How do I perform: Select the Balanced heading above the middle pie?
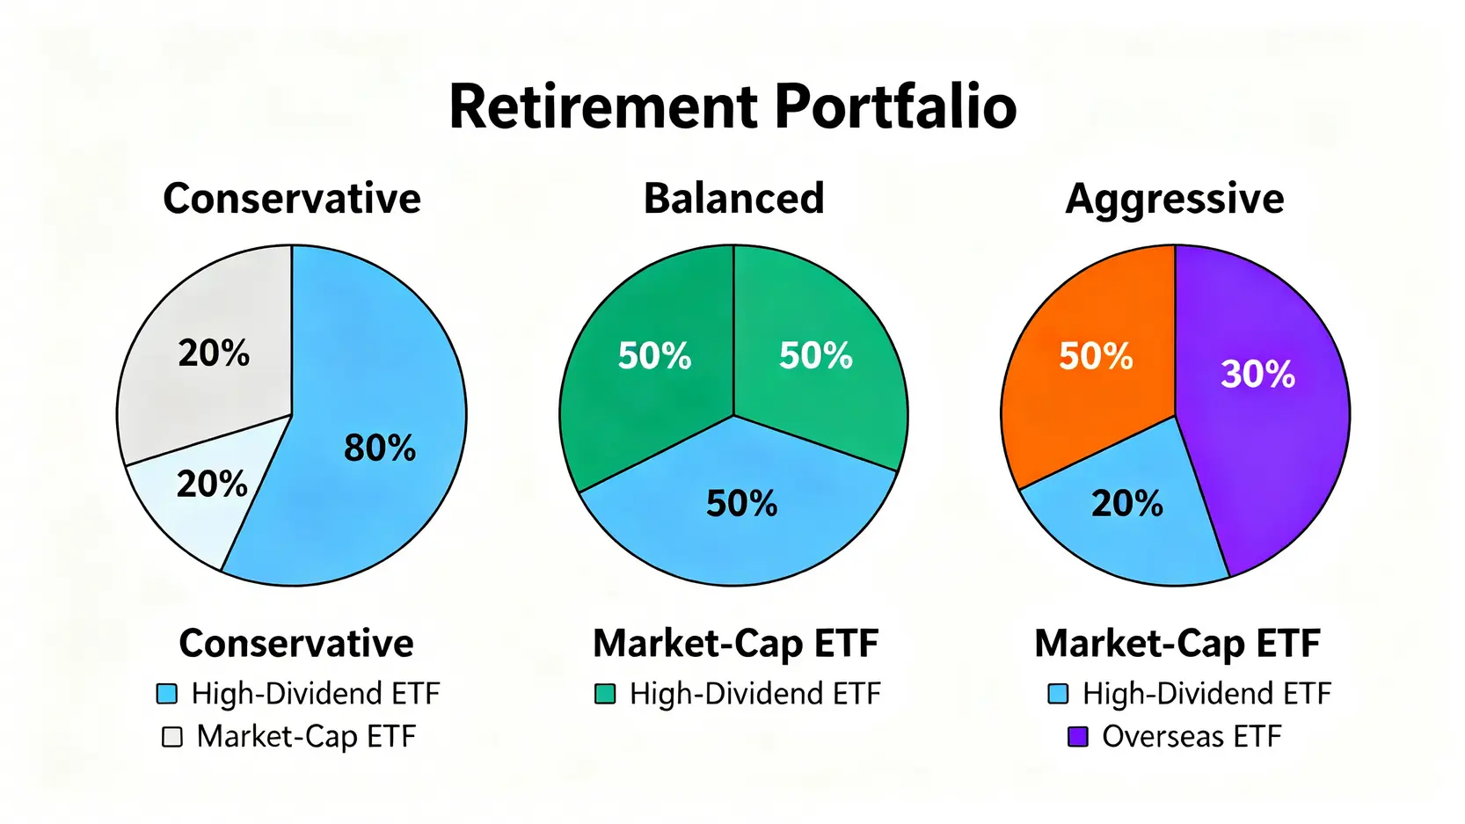(733, 198)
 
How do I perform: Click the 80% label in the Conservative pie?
(380, 448)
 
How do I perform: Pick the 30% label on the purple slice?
(1257, 375)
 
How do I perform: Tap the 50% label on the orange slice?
(1097, 356)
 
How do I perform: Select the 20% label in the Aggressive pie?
(1127, 504)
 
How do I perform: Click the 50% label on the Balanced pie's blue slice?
(741, 504)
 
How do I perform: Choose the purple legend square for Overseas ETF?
(1078, 736)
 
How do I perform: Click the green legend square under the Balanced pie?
(605, 693)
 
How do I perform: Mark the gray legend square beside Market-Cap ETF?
(172, 736)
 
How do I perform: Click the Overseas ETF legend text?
(1192, 736)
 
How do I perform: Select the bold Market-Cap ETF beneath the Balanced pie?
(736, 644)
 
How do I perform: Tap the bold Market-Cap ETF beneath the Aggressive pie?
(1177, 644)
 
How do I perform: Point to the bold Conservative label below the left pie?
(296, 644)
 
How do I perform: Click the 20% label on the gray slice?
(214, 354)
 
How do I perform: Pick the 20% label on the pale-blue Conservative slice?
(212, 485)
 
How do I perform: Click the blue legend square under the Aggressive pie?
(1058, 693)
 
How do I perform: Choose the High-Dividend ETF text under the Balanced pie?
(754, 693)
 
